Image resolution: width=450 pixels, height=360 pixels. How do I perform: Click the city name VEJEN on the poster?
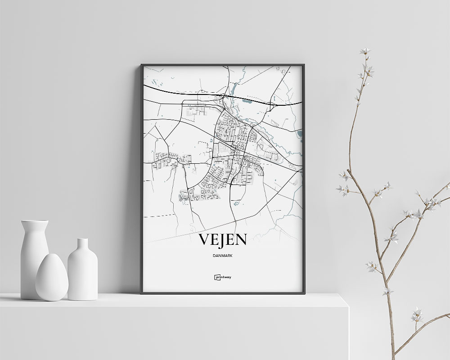click(x=223, y=240)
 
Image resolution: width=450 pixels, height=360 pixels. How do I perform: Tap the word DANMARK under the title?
click(x=223, y=256)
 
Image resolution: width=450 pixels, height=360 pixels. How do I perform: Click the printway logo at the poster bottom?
click(x=223, y=277)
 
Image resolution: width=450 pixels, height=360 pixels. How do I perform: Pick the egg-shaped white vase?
click(x=52, y=278)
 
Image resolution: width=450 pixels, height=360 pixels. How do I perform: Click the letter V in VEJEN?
click(x=204, y=240)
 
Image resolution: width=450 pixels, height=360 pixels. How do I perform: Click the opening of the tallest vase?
click(x=35, y=221)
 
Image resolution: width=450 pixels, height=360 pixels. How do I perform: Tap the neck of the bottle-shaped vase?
click(x=83, y=245)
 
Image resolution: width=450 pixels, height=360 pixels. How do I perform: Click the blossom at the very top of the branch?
click(x=364, y=51)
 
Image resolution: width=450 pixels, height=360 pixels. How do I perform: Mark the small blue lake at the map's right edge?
click(x=300, y=134)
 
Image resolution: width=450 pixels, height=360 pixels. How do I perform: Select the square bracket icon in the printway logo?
click(x=216, y=277)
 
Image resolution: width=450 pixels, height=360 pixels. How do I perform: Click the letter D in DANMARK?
click(x=212, y=256)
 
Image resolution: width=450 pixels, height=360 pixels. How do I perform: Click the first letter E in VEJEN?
click(x=215, y=240)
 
